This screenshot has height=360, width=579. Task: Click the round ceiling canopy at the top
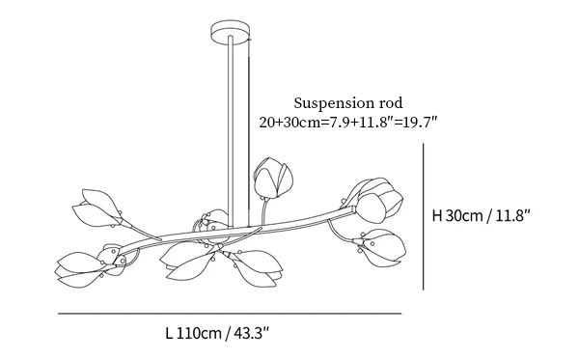click(x=232, y=33)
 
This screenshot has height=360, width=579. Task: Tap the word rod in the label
click(x=391, y=103)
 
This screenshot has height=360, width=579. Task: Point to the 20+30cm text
click(x=289, y=122)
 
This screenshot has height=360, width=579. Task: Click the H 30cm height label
click(x=457, y=215)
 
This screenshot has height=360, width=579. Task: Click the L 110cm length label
click(x=193, y=333)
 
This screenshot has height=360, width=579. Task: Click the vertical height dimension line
click(x=424, y=216)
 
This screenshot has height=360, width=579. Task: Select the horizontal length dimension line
click(x=230, y=314)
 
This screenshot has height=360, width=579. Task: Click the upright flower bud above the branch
click(x=273, y=178)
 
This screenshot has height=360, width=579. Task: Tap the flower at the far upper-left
click(x=96, y=208)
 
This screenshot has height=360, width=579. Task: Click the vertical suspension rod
click(x=231, y=131)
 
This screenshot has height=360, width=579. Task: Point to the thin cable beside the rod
click(x=249, y=133)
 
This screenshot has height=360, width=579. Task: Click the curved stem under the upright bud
click(x=263, y=210)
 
